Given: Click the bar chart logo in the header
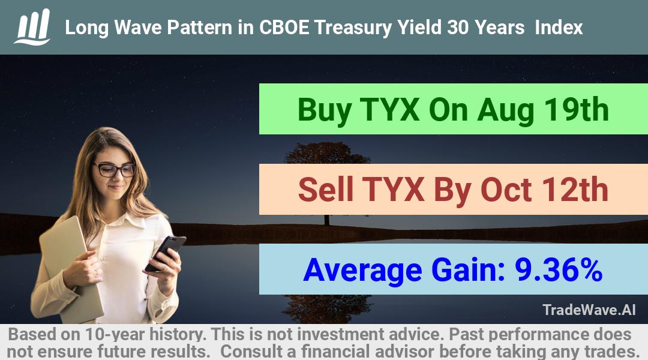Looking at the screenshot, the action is click(32, 27).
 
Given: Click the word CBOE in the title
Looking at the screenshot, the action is click(284, 28).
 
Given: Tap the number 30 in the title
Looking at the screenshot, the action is click(457, 28).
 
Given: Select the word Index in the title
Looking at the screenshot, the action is click(559, 28).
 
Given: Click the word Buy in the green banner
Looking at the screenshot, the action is click(325, 110).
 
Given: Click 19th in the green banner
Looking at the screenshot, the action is click(576, 110).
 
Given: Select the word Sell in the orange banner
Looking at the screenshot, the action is click(326, 190).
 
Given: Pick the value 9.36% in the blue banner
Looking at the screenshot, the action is click(558, 270).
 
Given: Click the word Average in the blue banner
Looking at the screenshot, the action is click(362, 271).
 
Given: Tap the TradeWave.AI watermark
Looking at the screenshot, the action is click(589, 310).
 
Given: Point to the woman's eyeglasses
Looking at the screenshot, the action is click(115, 169).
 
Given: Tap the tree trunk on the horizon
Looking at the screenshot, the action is click(327, 220).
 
